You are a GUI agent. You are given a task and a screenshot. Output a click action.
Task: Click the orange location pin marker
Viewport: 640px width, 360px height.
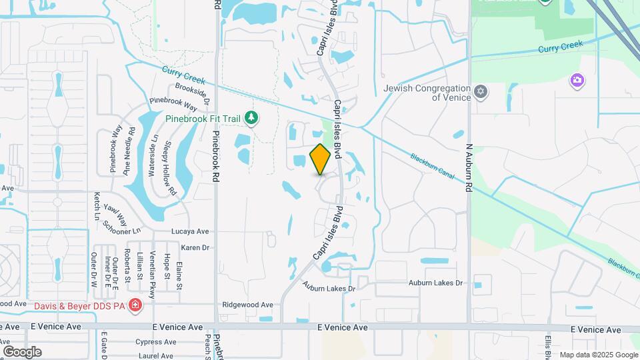pos(320,159)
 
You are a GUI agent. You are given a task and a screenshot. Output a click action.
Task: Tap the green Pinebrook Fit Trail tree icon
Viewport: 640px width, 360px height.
pos(251,119)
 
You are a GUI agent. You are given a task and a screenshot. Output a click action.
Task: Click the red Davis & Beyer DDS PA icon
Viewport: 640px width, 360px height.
pos(135,305)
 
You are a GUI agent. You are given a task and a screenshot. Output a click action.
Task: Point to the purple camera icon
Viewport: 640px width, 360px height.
pos(577,81)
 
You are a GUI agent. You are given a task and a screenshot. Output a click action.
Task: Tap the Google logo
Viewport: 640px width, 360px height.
pos(22,352)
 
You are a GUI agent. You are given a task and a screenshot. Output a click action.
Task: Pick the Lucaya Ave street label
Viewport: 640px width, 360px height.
pos(190,231)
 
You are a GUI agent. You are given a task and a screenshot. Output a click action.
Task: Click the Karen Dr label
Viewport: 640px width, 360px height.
pos(195,247)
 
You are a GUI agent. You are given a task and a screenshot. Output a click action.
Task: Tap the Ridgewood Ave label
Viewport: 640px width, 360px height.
pos(247,305)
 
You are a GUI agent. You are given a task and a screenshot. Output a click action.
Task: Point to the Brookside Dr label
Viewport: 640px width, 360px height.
pos(193,93)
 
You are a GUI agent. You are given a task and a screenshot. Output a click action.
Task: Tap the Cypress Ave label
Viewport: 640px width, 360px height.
pos(154,341)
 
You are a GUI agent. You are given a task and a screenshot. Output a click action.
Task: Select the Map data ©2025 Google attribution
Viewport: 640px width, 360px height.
pos(598,355)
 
